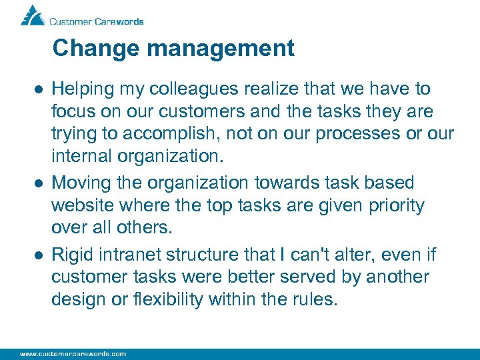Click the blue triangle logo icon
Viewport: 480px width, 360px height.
(x=33, y=15)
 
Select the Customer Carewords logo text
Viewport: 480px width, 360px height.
(x=96, y=21)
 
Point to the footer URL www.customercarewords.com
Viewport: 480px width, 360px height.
(x=73, y=353)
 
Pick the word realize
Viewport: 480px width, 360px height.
(x=254, y=89)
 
